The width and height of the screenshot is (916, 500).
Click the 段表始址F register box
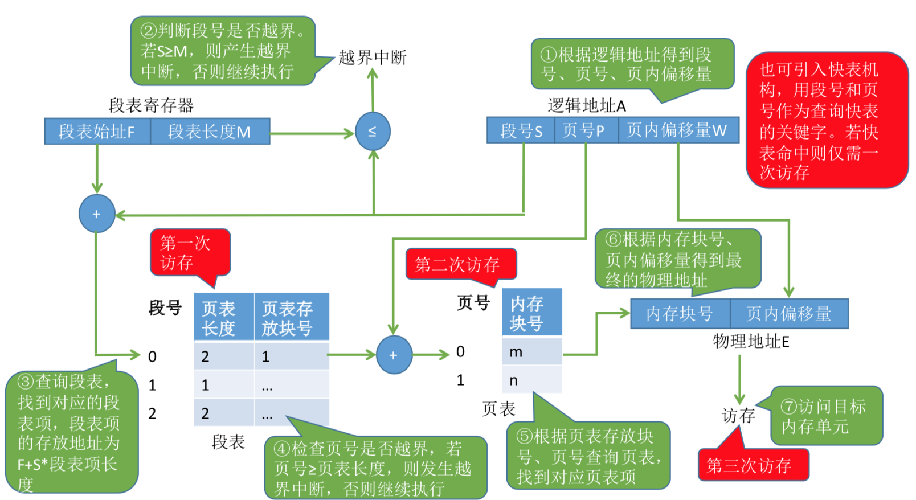coord(97,132)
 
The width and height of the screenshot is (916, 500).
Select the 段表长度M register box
coord(210,132)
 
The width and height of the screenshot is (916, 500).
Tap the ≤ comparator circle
coord(373,132)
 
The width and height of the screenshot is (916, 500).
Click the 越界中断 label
coord(373,58)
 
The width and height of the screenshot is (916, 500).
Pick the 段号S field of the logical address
coord(521,130)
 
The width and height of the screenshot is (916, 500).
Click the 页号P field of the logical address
coord(586,130)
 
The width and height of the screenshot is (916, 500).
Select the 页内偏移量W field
coord(678,130)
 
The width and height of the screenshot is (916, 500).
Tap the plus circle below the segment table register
coord(96,214)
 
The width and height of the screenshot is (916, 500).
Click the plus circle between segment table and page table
coord(394,355)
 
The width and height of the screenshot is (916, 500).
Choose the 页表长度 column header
coord(223,317)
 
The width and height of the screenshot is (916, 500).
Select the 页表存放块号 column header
coord(291,317)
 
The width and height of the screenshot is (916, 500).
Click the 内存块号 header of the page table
coord(531,313)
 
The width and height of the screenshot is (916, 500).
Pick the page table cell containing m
coord(531,352)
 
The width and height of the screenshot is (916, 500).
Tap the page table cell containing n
coord(531,380)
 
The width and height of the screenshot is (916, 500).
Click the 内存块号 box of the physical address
coord(680,314)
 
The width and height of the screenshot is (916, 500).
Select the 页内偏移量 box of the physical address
coord(789,314)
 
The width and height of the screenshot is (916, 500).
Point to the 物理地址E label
coord(751,342)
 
